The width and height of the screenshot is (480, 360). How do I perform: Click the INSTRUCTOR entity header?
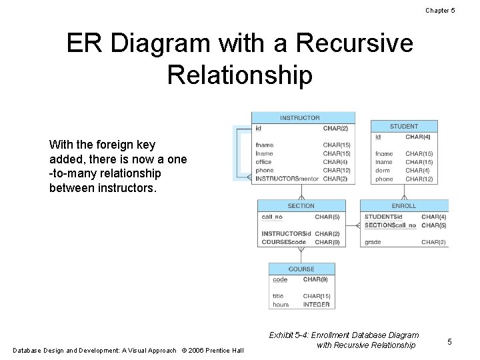pos(300,118)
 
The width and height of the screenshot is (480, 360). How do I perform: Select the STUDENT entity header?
pos(404,126)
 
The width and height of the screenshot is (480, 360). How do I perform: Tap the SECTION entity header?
pos(301,206)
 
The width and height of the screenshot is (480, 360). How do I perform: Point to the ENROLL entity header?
pos(404,206)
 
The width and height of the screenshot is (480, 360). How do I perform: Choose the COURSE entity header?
pos(301,269)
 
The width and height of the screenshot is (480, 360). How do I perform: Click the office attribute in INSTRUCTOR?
pos(264,162)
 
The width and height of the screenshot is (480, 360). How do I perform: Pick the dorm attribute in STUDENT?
pos(383,171)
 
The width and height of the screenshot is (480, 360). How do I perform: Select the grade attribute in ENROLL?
pos(373,242)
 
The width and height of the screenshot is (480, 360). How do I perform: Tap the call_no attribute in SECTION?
pos(272,217)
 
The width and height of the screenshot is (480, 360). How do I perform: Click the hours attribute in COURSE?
pos(281,305)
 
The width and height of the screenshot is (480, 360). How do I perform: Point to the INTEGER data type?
pos(316,305)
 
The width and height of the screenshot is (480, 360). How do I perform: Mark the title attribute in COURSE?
pos(278,296)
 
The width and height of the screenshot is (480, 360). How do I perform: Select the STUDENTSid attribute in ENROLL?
pos(383,217)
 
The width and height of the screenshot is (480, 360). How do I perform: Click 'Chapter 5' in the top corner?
pos(440,10)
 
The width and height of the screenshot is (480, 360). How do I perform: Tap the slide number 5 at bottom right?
pos(449,341)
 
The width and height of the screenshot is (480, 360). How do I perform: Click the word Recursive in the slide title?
pos(355,44)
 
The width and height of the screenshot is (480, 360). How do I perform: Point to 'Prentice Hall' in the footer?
pos(225,351)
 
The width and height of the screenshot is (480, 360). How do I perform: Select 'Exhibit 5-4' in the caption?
pos(290,335)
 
